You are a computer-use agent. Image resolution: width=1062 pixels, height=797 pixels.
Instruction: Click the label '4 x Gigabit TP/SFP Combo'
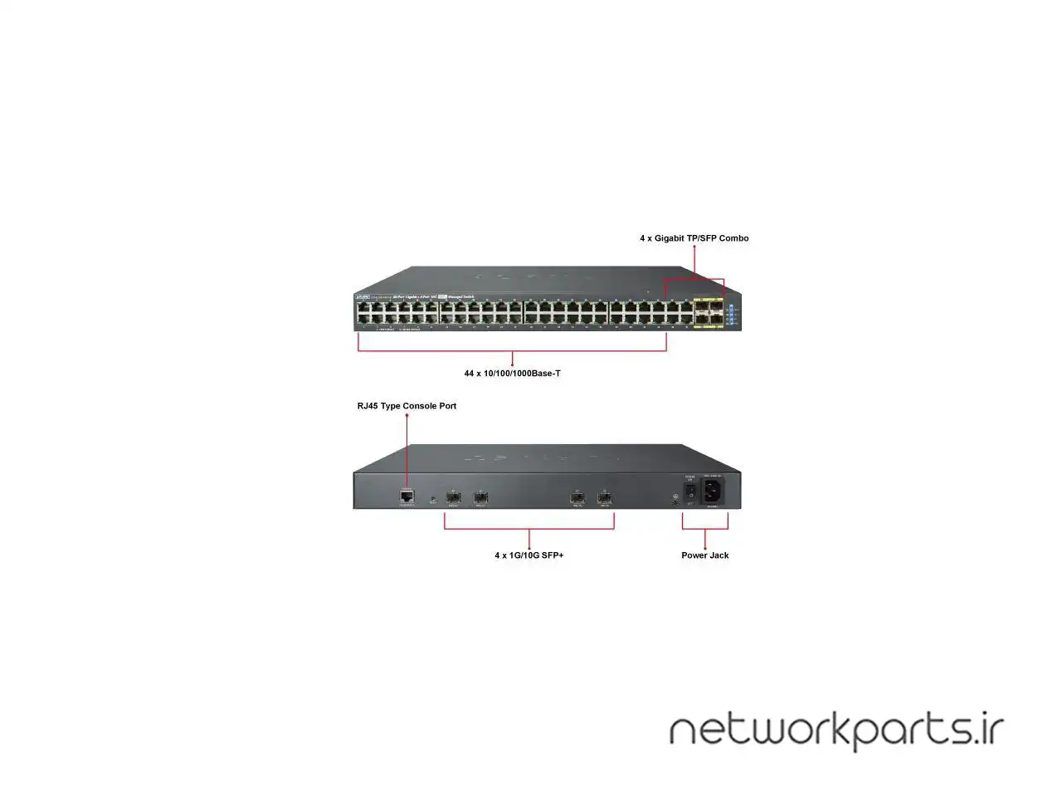click(694, 238)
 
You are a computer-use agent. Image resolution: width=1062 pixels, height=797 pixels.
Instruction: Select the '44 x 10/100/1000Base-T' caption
click(512, 374)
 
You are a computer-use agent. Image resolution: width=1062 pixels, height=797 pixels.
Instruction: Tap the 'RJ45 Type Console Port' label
click(407, 406)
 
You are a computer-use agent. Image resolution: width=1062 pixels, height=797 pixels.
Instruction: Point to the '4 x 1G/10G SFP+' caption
click(529, 555)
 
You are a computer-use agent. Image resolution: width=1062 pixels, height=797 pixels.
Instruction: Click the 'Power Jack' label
click(705, 555)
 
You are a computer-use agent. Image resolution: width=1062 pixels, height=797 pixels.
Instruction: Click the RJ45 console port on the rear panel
click(407, 496)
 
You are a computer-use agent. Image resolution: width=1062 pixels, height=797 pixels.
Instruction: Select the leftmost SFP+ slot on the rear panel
click(453, 497)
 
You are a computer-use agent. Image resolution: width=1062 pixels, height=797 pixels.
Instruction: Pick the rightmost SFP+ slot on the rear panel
click(604, 497)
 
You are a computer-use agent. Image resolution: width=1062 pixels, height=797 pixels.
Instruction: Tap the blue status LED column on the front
click(730, 314)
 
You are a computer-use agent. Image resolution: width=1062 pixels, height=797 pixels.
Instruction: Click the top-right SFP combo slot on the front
click(715, 307)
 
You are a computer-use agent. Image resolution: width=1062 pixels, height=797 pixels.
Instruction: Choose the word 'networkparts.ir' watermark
click(836, 730)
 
